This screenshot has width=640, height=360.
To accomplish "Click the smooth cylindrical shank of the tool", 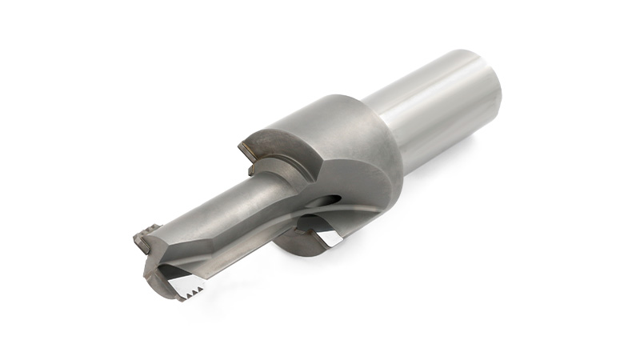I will point(432,112).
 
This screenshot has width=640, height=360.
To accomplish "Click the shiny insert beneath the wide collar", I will point(326,235).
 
